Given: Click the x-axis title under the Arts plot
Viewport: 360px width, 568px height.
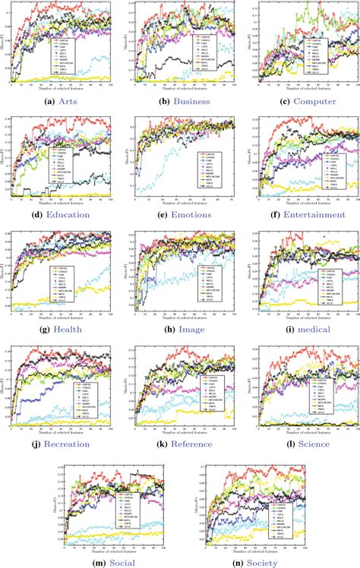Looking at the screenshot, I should (x=59, y=88).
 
